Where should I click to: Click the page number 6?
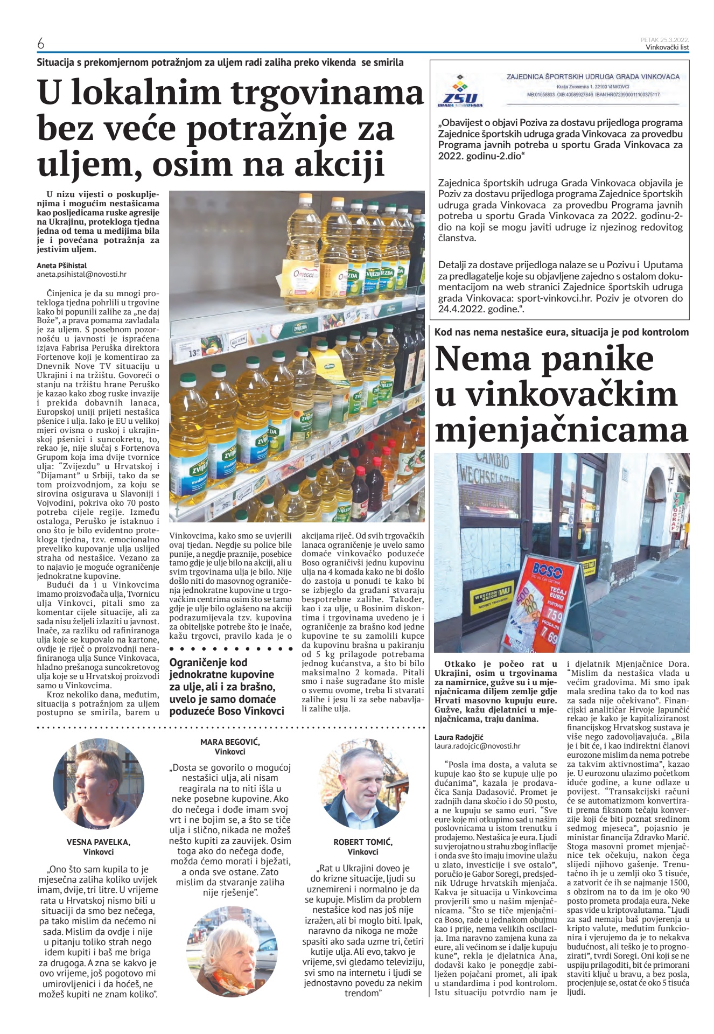click(41, 44)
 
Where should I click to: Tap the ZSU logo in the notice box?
click(460, 91)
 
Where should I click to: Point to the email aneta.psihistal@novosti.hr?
click(81, 274)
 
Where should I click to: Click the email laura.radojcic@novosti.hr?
click(477, 746)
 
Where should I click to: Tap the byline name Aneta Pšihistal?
click(61, 266)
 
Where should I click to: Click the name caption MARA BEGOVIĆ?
click(230, 742)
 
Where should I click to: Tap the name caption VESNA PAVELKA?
click(98, 842)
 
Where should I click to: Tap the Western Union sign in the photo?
click(492, 599)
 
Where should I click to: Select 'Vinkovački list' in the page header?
click(667, 47)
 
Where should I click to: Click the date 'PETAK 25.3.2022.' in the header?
click(664, 40)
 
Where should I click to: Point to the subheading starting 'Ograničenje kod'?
click(227, 687)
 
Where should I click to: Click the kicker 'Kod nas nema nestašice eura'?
click(561, 332)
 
